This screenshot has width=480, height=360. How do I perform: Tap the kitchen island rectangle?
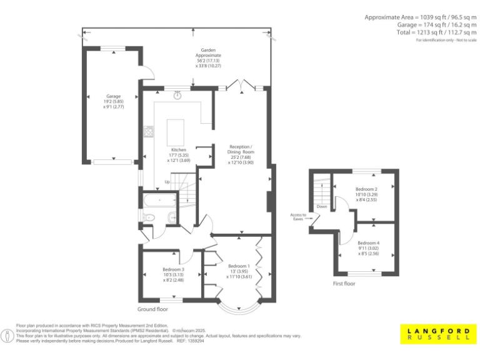click(x=176, y=132)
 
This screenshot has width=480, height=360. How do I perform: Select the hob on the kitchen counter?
click(x=149, y=131)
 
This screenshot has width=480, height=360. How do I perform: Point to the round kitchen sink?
click(x=178, y=96)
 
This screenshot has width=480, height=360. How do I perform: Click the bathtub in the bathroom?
click(x=159, y=200)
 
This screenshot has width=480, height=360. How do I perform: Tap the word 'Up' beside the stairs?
click(x=167, y=182)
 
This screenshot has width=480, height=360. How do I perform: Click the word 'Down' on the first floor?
click(x=322, y=206)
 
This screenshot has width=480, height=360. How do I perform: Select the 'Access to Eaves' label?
click(x=297, y=217)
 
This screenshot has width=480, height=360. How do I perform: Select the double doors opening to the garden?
click(x=239, y=84)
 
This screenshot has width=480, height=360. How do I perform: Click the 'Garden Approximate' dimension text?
click(x=208, y=58)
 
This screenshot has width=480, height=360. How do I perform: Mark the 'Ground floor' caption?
click(x=152, y=309)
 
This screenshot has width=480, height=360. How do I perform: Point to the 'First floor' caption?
click(x=344, y=284)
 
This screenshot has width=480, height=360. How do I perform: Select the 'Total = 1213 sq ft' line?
click(x=436, y=32)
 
